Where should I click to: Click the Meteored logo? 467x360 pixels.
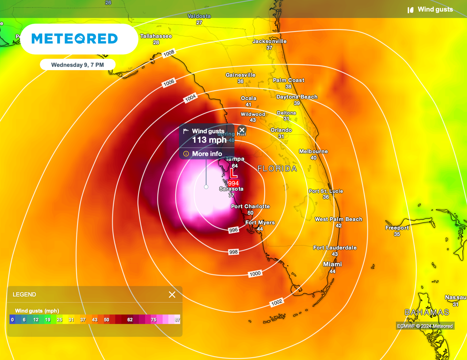(x=75, y=39)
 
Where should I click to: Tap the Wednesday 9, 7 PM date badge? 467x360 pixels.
(x=77, y=65)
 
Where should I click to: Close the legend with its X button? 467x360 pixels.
(x=172, y=295)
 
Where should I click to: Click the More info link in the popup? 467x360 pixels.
(x=207, y=154)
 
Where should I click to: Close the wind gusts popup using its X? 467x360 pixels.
(x=242, y=130)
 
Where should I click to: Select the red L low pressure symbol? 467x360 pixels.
(x=233, y=174)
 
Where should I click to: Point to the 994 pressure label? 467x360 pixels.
(x=233, y=183)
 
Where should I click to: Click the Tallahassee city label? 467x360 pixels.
(x=156, y=36)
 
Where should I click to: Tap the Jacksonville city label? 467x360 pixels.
(x=269, y=41)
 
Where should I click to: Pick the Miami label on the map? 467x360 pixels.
(x=332, y=264)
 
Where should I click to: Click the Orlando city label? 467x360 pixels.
(x=281, y=130)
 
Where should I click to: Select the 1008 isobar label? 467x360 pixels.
(x=169, y=54)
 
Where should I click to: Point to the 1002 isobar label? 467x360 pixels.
(x=277, y=302)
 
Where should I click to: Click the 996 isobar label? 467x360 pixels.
(x=233, y=230)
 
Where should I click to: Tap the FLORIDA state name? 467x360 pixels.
(x=277, y=168)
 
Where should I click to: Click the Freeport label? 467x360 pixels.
(x=397, y=228)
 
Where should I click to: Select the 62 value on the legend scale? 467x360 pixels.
(x=130, y=320)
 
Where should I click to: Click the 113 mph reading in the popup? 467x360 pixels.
(x=209, y=140)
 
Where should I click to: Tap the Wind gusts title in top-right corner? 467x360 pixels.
(x=435, y=9)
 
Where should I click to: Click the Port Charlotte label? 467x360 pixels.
(x=250, y=206)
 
